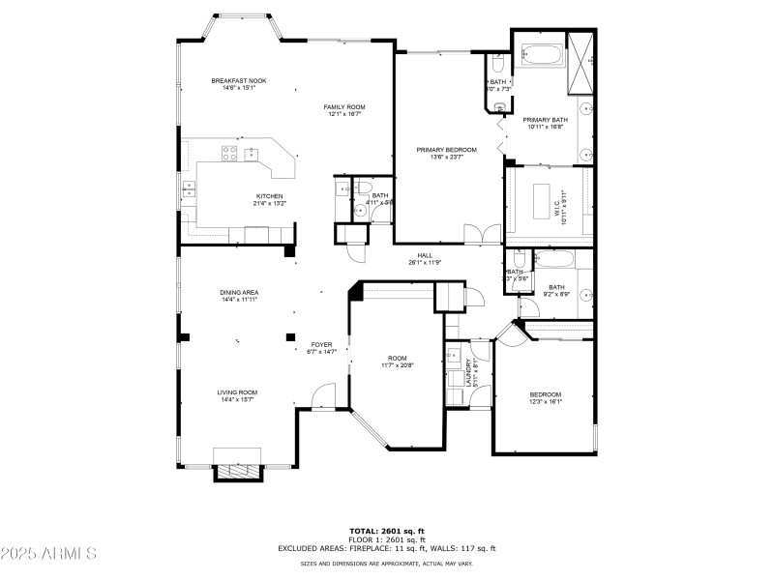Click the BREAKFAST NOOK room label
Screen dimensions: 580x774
click(x=238, y=81)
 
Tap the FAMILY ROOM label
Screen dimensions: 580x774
click(x=343, y=107)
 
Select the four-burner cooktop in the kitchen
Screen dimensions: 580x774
click(x=230, y=151)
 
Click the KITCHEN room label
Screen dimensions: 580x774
click(x=242, y=196)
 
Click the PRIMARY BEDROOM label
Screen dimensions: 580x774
click(x=446, y=150)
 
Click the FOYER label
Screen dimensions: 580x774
click(x=322, y=345)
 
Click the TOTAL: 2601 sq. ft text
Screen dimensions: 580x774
click(x=386, y=531)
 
